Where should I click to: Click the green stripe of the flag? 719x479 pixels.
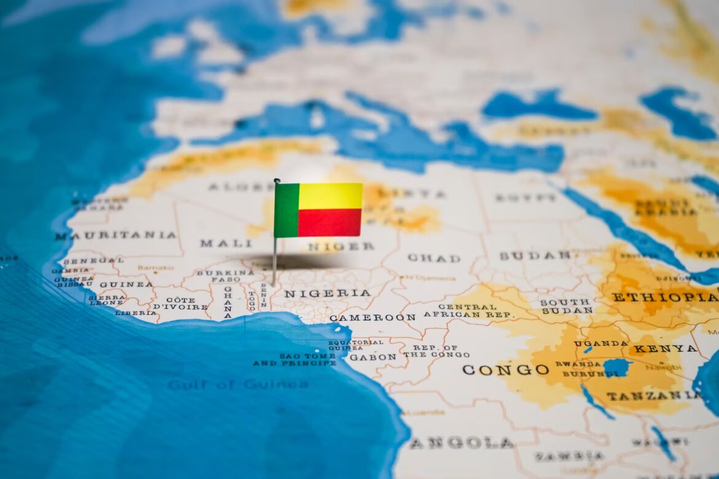pos(286,210)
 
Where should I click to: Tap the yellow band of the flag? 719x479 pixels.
pos(330,196)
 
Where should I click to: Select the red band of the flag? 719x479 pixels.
pos(330,222)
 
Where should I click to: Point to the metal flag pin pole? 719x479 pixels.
pos(275,258)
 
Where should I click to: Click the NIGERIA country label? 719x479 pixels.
pos(327,294)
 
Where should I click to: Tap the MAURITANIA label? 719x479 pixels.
pos(115,235)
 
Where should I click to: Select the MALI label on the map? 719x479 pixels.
pos(217,243)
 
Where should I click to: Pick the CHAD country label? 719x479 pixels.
pos(433,258)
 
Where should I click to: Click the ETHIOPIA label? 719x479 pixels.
pos(664,297)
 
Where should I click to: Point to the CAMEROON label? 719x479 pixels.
pos(372,317)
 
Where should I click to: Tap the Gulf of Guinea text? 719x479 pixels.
pos(238,384)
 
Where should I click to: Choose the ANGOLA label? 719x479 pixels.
pos(461,443)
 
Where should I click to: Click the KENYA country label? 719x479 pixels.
pos(665,349)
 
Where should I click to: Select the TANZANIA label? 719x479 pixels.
pos(653,395)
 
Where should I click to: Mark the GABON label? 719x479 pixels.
pos(372,357)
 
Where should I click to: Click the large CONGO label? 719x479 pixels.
pos(505,370)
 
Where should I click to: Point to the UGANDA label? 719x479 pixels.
pos(600,343)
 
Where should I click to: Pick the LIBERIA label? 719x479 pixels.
pos(135,313)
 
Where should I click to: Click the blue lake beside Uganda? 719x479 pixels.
pos(616,367)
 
